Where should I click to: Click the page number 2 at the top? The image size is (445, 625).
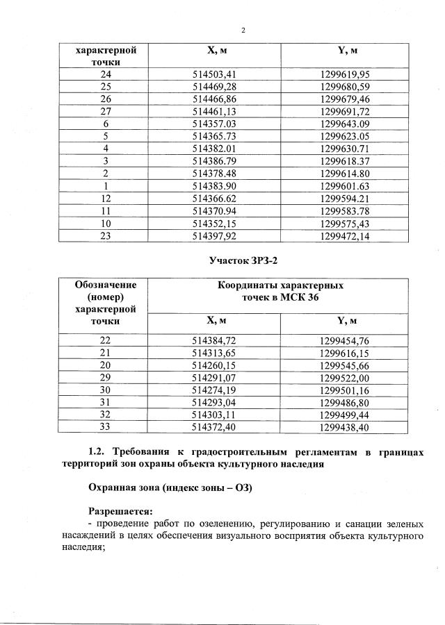(243, 30)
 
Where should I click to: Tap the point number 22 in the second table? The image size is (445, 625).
(106, 340)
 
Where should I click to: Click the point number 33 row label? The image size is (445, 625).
(106, 427)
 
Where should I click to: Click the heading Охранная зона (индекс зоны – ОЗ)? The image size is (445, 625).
(169, 488)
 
